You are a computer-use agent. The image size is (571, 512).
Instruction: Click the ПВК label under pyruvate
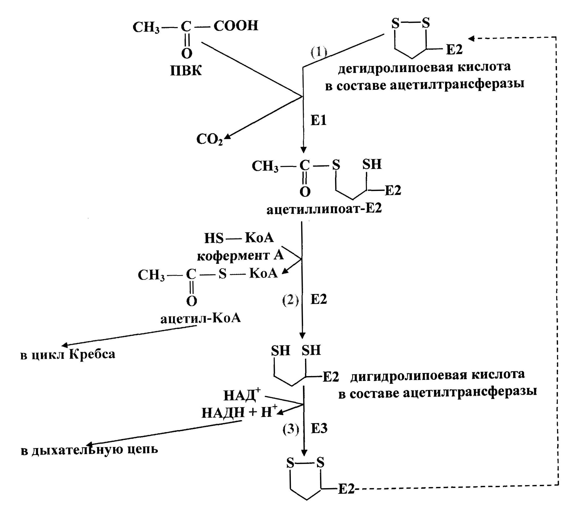(186, 71)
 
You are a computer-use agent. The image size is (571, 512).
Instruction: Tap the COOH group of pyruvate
(236, 26)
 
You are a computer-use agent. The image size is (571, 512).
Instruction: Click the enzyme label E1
(318, 120)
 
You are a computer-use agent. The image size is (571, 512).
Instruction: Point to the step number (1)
(319, 52)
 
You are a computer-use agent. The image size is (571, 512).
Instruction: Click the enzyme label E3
(319, 429)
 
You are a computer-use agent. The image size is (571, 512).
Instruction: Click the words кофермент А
(240, 256)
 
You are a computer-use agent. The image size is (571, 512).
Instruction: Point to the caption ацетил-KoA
(200, 318)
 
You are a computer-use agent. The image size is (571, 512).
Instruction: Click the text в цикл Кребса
(68, 354)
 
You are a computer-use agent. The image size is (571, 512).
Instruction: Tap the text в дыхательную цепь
(89, 450)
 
